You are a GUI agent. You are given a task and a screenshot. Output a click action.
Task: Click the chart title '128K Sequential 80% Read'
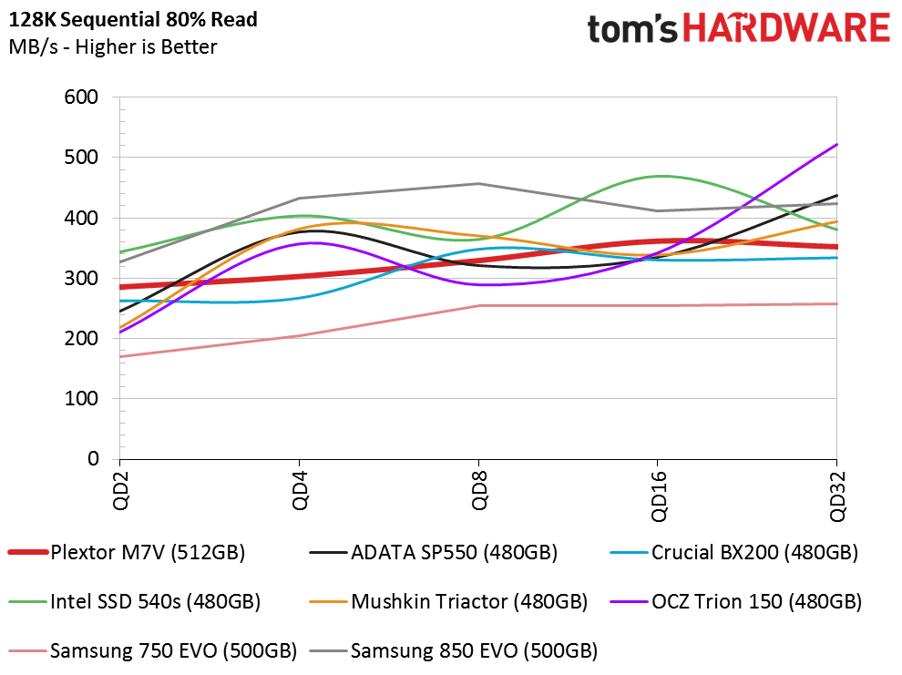(x=133, y=19)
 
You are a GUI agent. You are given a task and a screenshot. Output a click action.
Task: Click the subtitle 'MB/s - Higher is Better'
(x=112, y=46)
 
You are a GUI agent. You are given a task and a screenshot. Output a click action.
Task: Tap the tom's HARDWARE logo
(x=738, y=29)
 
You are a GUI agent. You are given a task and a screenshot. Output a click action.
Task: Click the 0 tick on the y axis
(x=93, y=459)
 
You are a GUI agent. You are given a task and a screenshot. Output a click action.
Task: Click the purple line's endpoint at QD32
(x=836, y=145)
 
